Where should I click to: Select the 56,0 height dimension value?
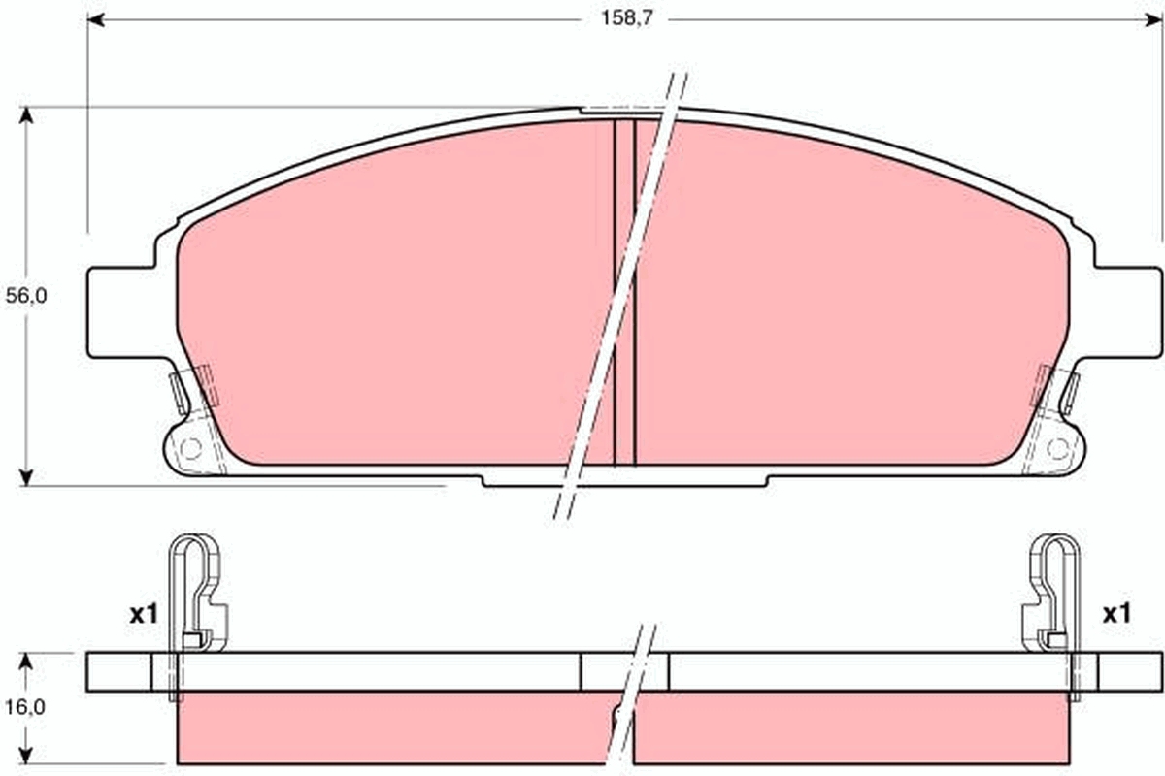tap(26, 297)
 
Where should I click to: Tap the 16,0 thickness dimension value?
tap(26, 707)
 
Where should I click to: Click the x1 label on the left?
tap(144, 613)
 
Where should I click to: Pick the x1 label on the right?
tap(1116, 613)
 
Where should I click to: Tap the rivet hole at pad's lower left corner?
tap(191, 448)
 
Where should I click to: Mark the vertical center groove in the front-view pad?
tap(624, 291)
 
